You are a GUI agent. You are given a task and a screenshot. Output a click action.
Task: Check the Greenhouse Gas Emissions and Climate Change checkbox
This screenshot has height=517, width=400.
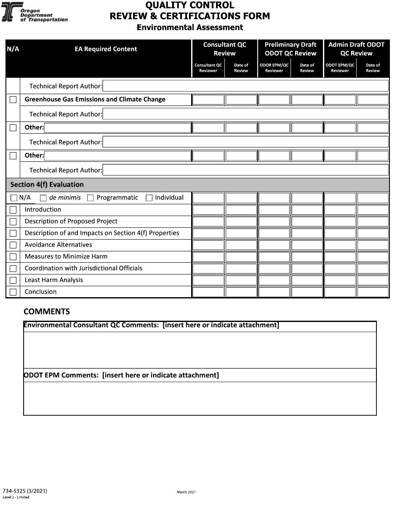[x=13, y=100]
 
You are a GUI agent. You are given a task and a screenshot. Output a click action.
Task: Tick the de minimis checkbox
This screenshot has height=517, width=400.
[x=43, y=198]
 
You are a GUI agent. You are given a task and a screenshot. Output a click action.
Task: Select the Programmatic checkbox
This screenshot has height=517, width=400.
[x=90, y=198]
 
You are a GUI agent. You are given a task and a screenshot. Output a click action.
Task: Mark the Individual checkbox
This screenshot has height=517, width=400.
[x=149, y=198]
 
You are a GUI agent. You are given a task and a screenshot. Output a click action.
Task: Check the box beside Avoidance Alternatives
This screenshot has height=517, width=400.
[x=13, y=245]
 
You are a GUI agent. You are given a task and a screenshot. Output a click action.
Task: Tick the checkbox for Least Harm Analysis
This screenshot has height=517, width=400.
[x=13, y=280]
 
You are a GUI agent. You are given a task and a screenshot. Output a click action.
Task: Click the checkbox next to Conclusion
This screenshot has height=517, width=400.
[x=13, y=292]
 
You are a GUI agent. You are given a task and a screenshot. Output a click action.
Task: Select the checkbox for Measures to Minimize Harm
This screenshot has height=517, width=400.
[x=13, y=257]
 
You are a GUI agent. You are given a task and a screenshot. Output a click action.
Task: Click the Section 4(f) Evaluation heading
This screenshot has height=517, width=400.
[x=47, y=185]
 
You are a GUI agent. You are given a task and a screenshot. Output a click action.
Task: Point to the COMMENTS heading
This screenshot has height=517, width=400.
[x=47, y=311]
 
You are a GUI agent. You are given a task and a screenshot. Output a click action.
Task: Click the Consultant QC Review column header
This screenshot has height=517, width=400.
[x=224, y=49]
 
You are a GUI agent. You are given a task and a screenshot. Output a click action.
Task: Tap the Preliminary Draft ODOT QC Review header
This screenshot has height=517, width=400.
[x=290, y=49]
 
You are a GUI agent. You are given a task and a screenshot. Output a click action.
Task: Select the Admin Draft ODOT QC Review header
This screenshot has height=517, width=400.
[x=356, y=49]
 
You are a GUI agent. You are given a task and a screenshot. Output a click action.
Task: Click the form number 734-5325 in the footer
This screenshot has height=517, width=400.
[x=25, y=491]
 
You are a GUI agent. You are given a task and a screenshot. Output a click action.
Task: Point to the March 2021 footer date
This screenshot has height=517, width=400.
[x=186, y=492]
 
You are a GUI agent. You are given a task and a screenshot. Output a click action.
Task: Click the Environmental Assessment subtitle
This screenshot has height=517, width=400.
[x=190, y=27]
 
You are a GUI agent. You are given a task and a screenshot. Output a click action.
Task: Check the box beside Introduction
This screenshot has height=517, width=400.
[x=13, y=210]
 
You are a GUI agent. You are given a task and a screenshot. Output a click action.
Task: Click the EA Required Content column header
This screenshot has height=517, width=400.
[x=106, y=49]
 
